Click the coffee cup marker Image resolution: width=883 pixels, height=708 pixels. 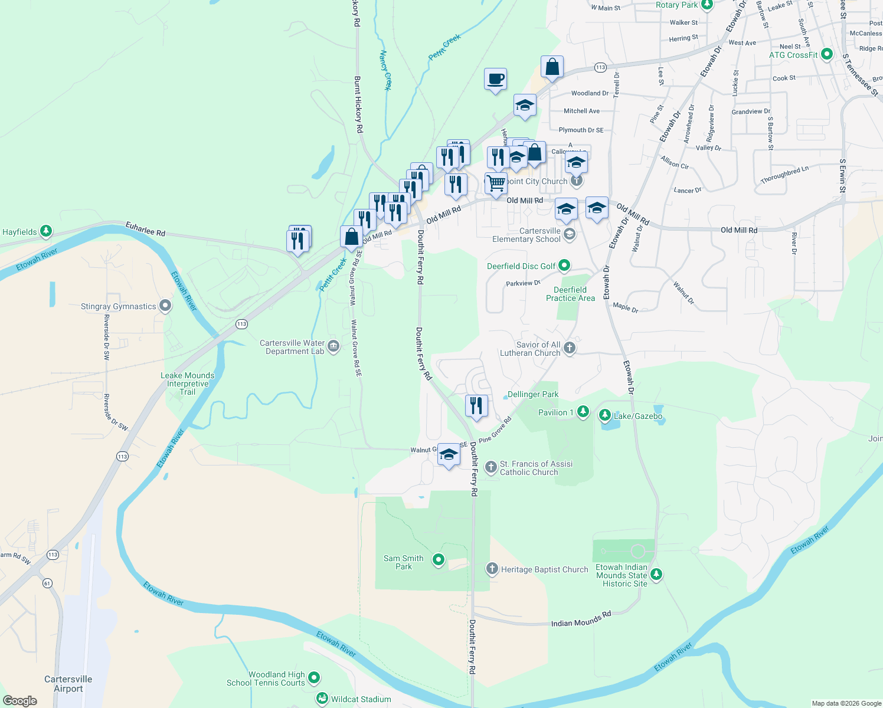click(495, 79)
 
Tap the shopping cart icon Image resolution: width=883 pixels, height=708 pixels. click(496, 183)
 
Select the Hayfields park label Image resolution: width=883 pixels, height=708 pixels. click(19, 232)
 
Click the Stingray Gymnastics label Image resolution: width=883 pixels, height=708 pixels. click(119, 306)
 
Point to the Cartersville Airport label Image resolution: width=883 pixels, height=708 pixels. click(68, 684)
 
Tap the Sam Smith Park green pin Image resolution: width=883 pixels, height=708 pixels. click(438, 559)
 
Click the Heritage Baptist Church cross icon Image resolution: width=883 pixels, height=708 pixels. click(492, 569)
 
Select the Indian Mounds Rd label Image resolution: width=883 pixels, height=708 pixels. click(581, 620)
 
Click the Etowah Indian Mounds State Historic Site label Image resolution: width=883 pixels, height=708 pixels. click(622, 575)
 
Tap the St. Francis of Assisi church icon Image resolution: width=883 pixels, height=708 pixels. click(490, 467)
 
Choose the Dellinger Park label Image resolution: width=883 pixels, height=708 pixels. click(533, 394)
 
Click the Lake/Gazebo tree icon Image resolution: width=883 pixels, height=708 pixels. click(605, 415)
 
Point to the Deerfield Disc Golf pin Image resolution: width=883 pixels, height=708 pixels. click(564, 265)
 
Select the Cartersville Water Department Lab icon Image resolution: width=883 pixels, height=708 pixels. click(333, 346)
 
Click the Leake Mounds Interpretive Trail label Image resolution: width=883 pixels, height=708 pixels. click(187, 383)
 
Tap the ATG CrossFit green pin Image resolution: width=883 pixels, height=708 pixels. click(827, 54)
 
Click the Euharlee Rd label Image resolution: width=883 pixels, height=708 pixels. click(145, 228)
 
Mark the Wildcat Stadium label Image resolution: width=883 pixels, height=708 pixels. click(361, 699)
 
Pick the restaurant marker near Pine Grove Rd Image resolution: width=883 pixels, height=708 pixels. click(476, 406)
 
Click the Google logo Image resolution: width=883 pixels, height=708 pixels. click(20, 701)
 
